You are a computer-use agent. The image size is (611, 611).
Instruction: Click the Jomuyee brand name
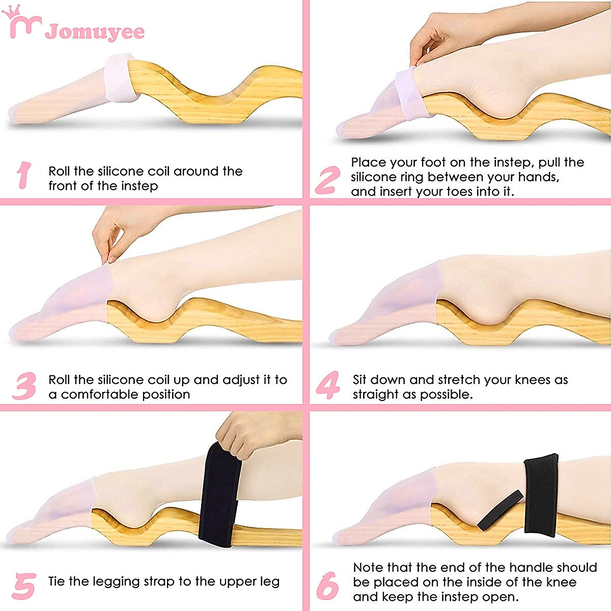coord(95,32)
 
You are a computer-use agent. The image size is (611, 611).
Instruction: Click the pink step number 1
coord(23,176)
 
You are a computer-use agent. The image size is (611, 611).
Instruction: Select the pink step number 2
coord(327,180)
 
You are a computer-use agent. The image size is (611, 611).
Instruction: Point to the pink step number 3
coord(24,386)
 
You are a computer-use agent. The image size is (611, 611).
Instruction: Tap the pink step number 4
coord(328,385)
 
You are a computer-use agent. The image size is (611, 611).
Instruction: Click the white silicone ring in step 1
coord(119,78)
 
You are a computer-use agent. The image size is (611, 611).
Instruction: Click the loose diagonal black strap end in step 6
coord(500,510)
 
